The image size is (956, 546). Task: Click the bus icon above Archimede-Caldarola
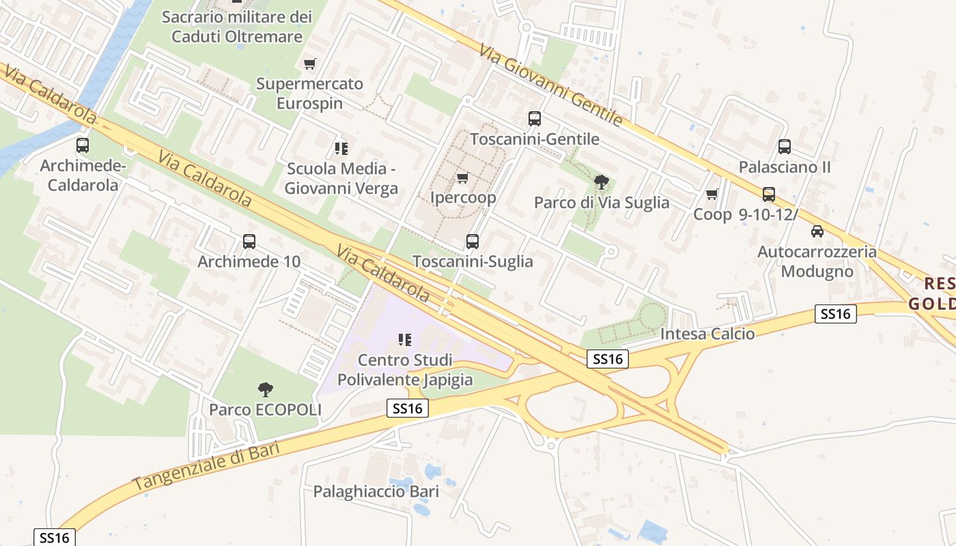[x=83, y=145]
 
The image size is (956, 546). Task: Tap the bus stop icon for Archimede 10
[x=249, y=242]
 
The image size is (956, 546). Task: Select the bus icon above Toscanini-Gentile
[x=535, y=119]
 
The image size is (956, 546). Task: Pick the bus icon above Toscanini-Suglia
[x=473, y=242]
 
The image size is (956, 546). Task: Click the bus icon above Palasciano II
[x=785, y=147]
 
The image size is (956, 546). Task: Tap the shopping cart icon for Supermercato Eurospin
[x=310, y=64]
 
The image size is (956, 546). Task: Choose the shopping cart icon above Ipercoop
[x=463, y=178]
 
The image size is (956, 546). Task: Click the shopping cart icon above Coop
[x=712, y=195]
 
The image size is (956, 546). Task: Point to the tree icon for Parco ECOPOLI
[x=266, y=390]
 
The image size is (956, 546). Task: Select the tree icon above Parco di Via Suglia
[x=602, y=182]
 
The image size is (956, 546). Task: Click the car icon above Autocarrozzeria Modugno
[x=817, y=231]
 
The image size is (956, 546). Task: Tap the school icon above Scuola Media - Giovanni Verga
[x=341, y=148]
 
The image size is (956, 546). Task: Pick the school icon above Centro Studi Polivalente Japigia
[x=405, y=339]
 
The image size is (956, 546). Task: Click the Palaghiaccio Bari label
[x=376, y=491]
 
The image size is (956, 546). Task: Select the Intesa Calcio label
[x=707, y=334]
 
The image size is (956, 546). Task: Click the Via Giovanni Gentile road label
[x=550, y=85]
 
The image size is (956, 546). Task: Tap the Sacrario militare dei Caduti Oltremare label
[x=236, y=26]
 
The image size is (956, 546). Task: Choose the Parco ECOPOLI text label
[x=265, y=409]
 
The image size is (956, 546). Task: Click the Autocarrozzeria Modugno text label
[x=817, y=261]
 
